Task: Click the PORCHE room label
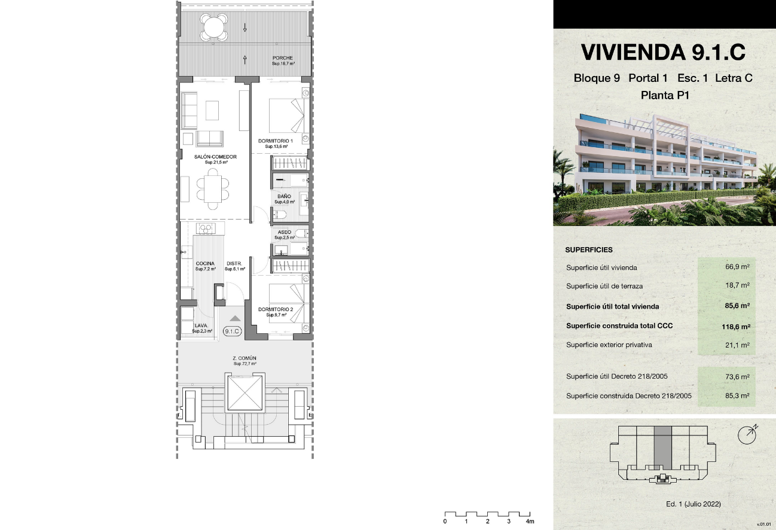pos(282,58)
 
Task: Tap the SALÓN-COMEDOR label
pos(215,157)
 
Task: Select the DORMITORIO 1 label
pos(276,141)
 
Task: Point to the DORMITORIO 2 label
pos(276,309)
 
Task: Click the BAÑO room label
pos(284,196)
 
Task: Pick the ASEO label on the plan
pos(285,232)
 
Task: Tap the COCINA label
pos(205,263)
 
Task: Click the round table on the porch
pos(214,27)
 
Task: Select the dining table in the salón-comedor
pos(213,189)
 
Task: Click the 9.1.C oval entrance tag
pos(232,331)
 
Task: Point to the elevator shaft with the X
pos(245,393)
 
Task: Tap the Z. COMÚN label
pos(245,358)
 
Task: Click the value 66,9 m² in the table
pos(737,267)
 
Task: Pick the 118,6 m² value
pos(736,327)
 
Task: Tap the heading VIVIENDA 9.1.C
pos(663,52)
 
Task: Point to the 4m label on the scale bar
pos(530,522)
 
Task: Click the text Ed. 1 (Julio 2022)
pos(693,504)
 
